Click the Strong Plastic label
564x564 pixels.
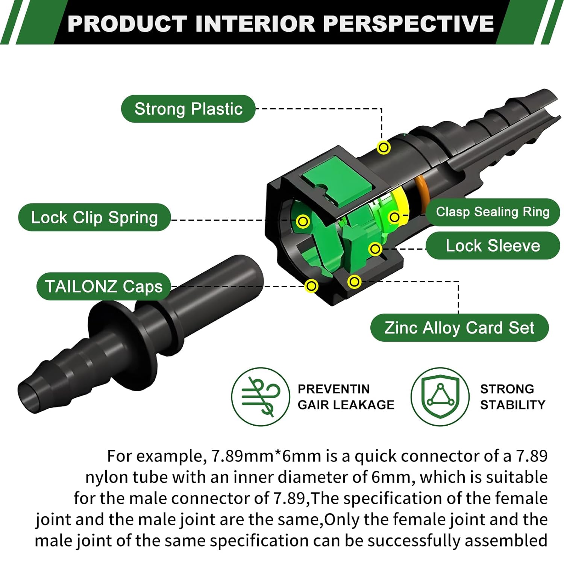point(188,109)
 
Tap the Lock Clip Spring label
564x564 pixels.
point(94,217)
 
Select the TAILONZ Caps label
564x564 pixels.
point(104,286)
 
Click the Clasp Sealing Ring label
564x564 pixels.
point(493,212)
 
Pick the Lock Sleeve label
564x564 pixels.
point(493,246)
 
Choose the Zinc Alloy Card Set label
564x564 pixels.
point(459,327)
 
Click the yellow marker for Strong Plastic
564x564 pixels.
point(384,147)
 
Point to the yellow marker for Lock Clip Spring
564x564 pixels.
point(303,221)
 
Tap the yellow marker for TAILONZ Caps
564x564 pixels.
point(311,286)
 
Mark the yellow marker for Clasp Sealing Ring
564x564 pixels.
point(394,217)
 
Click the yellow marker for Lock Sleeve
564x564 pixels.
point(375,249)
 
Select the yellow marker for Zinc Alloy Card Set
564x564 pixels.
point(354,281)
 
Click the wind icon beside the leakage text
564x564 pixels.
point(261,397)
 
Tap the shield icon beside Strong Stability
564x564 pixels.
point(440,397)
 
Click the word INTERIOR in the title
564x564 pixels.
point(255,23)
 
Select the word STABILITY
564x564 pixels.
point(512,405)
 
